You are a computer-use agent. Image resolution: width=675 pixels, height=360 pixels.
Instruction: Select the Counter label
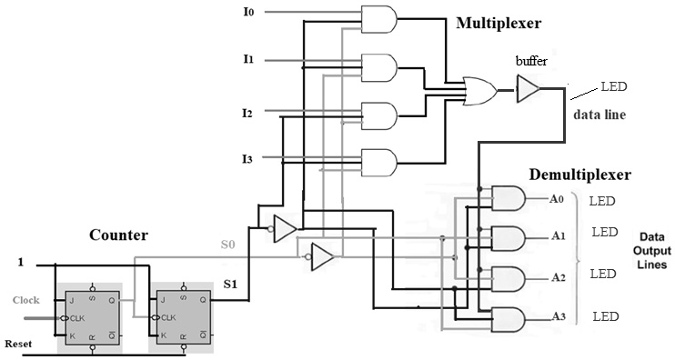pyautogui.click(x=118, y=235)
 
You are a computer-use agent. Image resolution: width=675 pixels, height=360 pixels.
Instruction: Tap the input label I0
pyautogui.click(x=248, y=12)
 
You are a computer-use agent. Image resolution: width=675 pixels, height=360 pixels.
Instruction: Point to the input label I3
pyautogui.click(x=247, y=159)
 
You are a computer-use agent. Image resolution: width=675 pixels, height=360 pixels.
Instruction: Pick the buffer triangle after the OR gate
pyautogui.click(x=528, y=88)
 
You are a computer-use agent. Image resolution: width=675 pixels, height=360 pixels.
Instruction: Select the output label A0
pyautogui.click(x=557, y=198)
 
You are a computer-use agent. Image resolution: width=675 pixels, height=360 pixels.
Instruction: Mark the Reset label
pyautogui.click(x=19, y=345)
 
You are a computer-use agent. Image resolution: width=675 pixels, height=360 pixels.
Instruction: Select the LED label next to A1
pyautogui.click(x=605, y=232)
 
